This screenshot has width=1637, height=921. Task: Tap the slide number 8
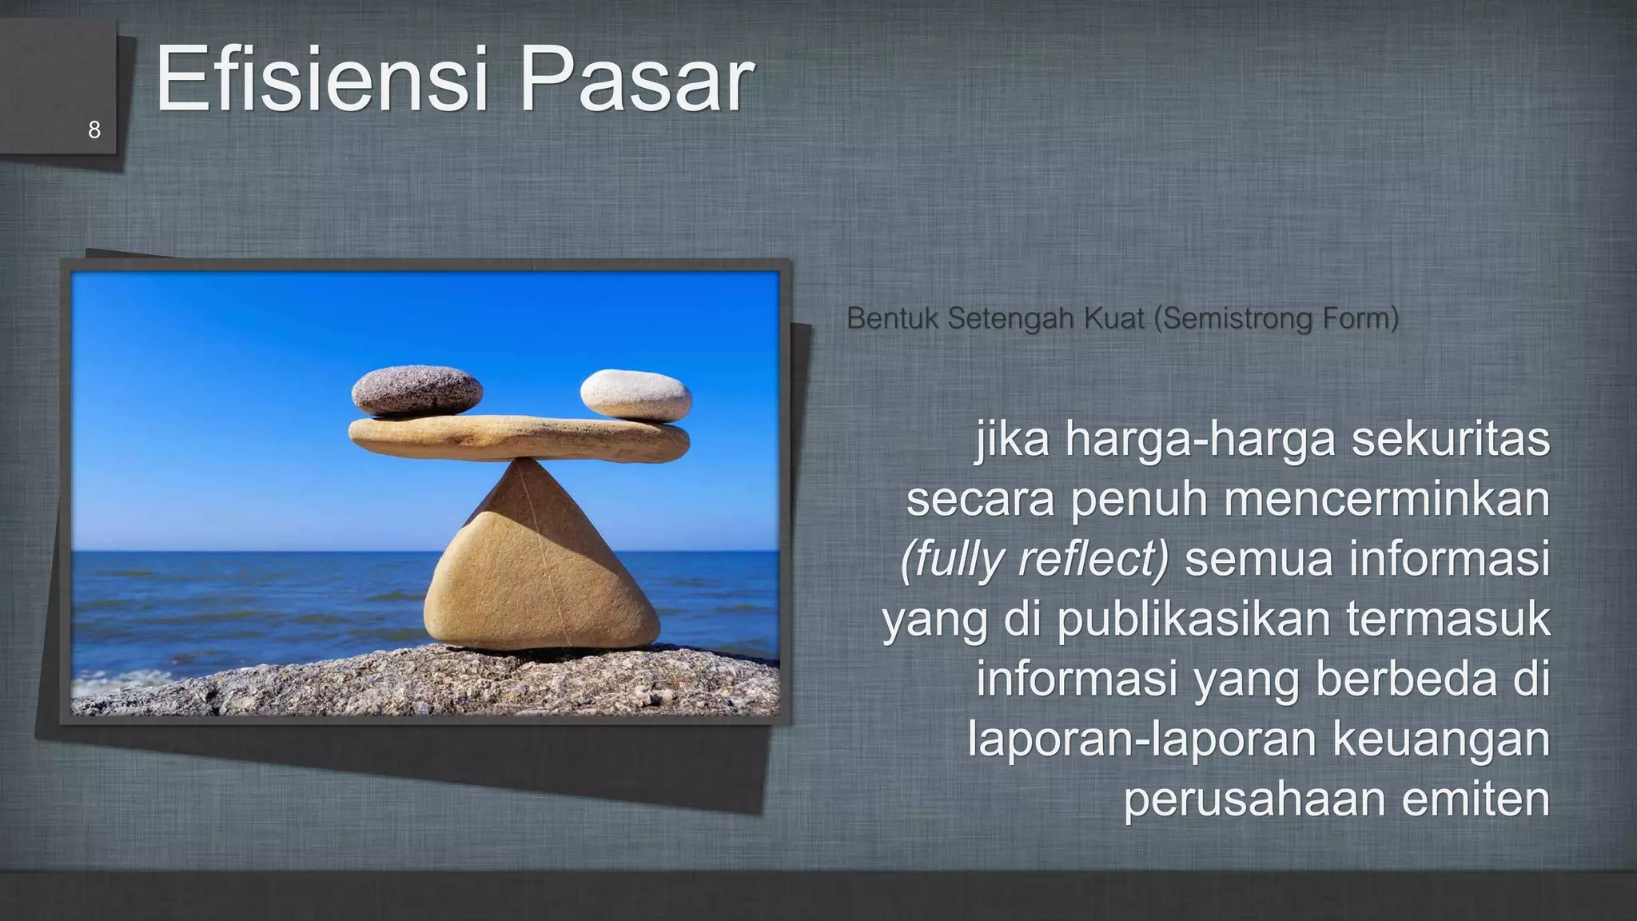(x=94, y=130)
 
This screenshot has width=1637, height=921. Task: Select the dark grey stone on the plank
(x=416, y=391)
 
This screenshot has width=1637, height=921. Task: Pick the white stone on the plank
(x=635, y=393)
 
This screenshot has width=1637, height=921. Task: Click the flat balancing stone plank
(x=519, y=439)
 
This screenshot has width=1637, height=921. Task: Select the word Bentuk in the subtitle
(x=894, y=319)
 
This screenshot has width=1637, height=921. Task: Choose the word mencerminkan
(x=1386, y=500)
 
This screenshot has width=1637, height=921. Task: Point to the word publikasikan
(x=1194, y=620)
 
